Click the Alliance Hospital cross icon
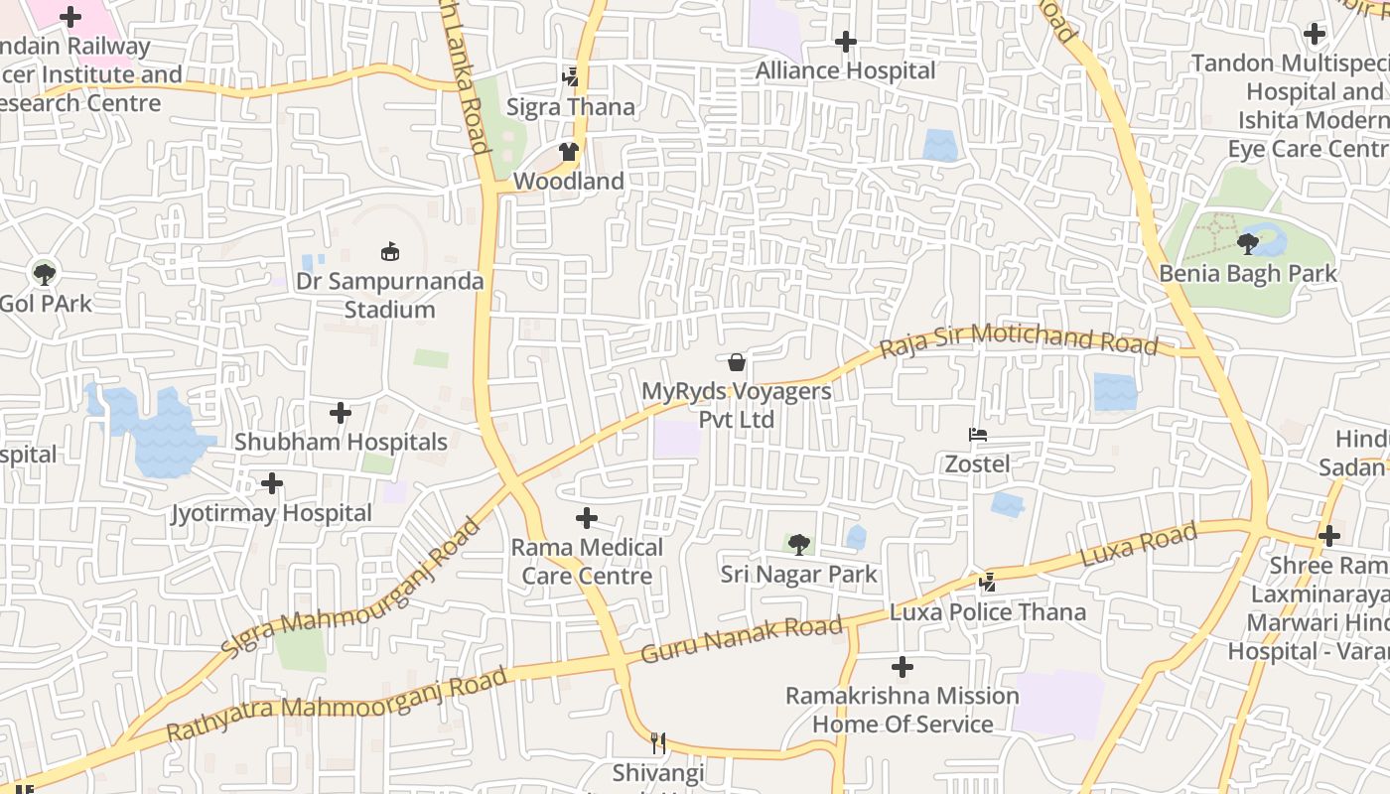(846, 42)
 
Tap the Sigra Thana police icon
(570, 76)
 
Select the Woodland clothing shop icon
(568, 152)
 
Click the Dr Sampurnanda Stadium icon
(390, 252)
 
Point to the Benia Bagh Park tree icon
(1248, 243)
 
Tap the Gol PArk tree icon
(44, 273)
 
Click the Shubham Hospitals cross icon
(341, 412)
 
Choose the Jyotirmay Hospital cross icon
(271, 483)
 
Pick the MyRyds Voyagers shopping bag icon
(737, 361)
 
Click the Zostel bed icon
(977, 434)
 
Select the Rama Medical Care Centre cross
(587, 517)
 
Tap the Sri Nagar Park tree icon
(798, 544)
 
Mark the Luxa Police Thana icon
(987, 582)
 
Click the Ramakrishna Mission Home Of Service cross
(902, 666)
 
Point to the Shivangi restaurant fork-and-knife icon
(657, 742)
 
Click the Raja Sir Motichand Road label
(1019, 340)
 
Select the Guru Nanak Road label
(742, 639)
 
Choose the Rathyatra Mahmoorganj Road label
(337, 704)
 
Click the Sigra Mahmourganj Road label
(350, 587)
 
